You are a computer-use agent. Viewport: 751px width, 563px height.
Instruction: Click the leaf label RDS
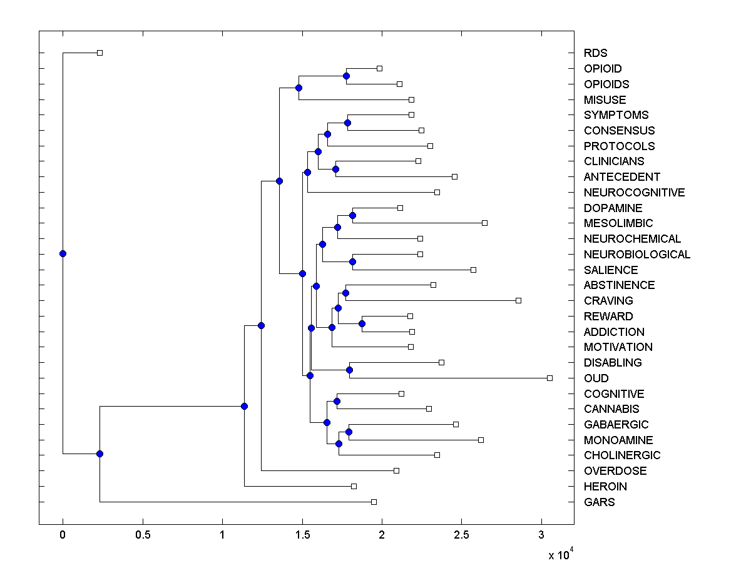tap(595, 53)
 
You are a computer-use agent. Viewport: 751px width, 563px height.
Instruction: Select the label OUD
tap(596, 378)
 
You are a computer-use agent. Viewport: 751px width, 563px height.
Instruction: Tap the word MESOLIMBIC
tap(618, 223)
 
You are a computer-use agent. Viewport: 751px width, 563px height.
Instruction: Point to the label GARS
tap(599, 502)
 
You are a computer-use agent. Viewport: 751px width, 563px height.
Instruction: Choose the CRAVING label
tap(608, 301)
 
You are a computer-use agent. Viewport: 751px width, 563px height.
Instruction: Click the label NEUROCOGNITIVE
tap(634, 193)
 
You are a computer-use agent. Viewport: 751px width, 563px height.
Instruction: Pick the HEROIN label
tap(605, 487)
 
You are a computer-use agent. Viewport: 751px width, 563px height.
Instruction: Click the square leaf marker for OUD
tap(549, 378)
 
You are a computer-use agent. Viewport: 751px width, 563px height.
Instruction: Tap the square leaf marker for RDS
tap(100, 53)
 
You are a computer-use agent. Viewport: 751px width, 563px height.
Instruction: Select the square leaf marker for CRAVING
tap(518, 300)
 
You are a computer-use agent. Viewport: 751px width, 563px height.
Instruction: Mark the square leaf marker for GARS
tap(374, 502)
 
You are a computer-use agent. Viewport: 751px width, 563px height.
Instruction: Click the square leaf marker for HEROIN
tap(354, 486)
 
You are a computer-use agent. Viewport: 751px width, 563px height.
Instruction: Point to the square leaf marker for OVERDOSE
tap(396, 470)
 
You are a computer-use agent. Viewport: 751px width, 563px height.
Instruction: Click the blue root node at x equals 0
tap(63, 253)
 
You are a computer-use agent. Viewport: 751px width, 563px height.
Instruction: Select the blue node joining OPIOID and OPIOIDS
tap(346, 76)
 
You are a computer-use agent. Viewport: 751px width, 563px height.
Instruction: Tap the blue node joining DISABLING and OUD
tap(349, 370)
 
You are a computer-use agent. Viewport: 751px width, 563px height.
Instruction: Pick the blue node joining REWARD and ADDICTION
tap(362, 323)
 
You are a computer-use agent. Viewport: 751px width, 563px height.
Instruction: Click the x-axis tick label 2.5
tap(461, 535)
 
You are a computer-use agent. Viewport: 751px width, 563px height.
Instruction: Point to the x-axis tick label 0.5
tap(143, 535)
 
